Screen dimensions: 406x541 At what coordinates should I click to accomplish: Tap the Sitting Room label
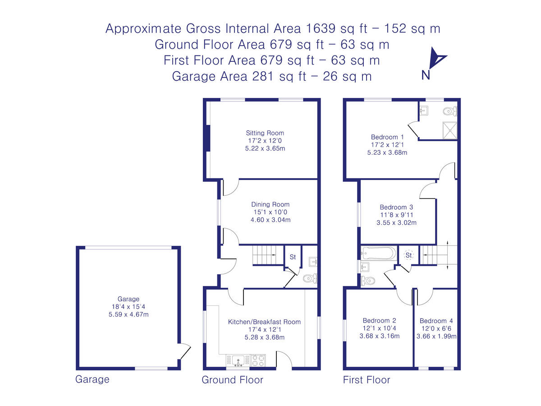(265, 133)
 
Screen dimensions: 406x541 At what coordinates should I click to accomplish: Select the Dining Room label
(270, 204)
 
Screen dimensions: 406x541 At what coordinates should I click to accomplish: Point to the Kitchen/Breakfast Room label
(264, 322)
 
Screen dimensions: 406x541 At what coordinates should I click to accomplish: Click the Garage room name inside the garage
(128, 299)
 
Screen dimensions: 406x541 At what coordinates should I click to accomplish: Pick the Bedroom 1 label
(387, 137)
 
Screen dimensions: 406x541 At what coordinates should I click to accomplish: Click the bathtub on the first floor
(379, 254)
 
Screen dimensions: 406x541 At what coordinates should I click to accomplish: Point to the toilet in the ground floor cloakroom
(310, 278)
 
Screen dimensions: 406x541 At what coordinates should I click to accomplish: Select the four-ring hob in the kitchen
(257, 360)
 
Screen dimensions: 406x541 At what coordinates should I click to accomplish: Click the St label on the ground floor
(292, 257)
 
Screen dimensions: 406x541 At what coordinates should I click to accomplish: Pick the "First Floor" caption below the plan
(367, 380)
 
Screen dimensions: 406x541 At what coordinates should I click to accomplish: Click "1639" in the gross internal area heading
(321, 28)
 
